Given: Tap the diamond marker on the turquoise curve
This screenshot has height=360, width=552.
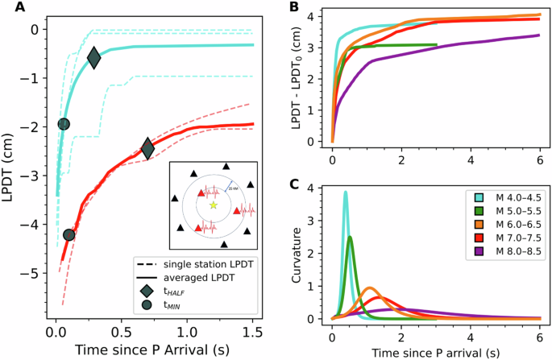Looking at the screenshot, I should [x=93, y=58].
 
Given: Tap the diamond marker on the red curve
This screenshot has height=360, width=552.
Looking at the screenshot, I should [x=147, y=148].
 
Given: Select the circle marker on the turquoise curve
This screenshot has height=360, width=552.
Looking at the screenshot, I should [x=64, y=123].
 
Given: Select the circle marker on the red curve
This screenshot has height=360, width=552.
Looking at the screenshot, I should [x=69, y=234].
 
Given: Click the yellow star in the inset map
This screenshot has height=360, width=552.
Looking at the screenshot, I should [x=213, y=205].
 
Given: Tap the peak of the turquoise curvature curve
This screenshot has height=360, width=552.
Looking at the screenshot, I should [x=346, y=192].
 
